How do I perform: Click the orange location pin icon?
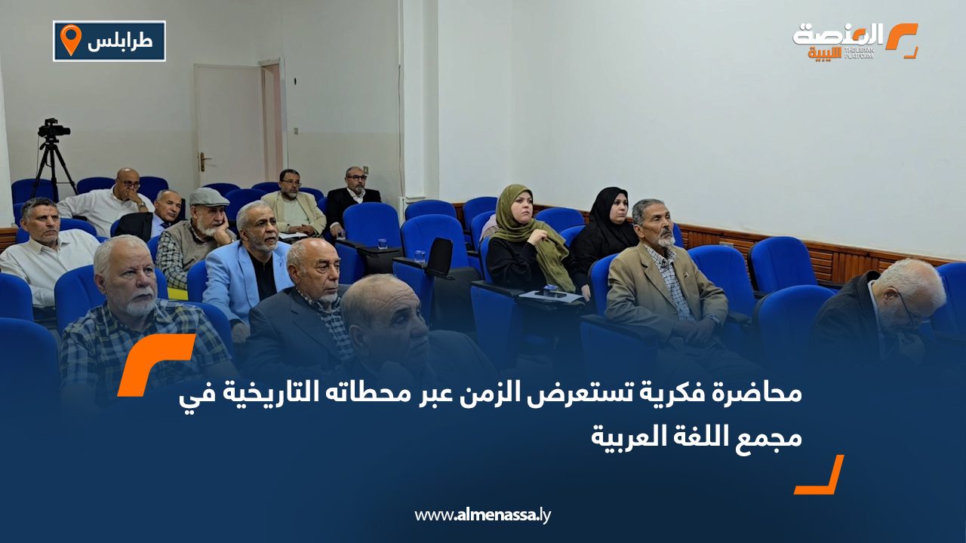click(70, 39)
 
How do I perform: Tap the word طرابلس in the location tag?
click(119, 42)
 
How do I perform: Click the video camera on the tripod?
click(53, 130)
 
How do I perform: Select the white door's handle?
click(202, 158)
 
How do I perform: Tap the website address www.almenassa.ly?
click(483, 515)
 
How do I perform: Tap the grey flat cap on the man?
click(208, 198)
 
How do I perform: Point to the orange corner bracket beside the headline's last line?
click(820, 477)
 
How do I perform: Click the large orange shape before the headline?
click(155, 362)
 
